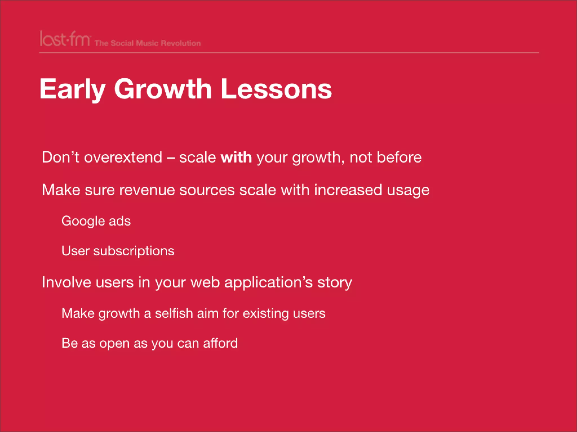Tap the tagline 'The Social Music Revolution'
pos(148,43)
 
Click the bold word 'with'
pos(236,157)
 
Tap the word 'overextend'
pos(123,157)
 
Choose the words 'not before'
pos(385,157)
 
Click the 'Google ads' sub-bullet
pos(96,221)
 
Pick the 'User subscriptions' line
pos(118,251)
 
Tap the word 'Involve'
pos(66,282)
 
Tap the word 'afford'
pos(220,343)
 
